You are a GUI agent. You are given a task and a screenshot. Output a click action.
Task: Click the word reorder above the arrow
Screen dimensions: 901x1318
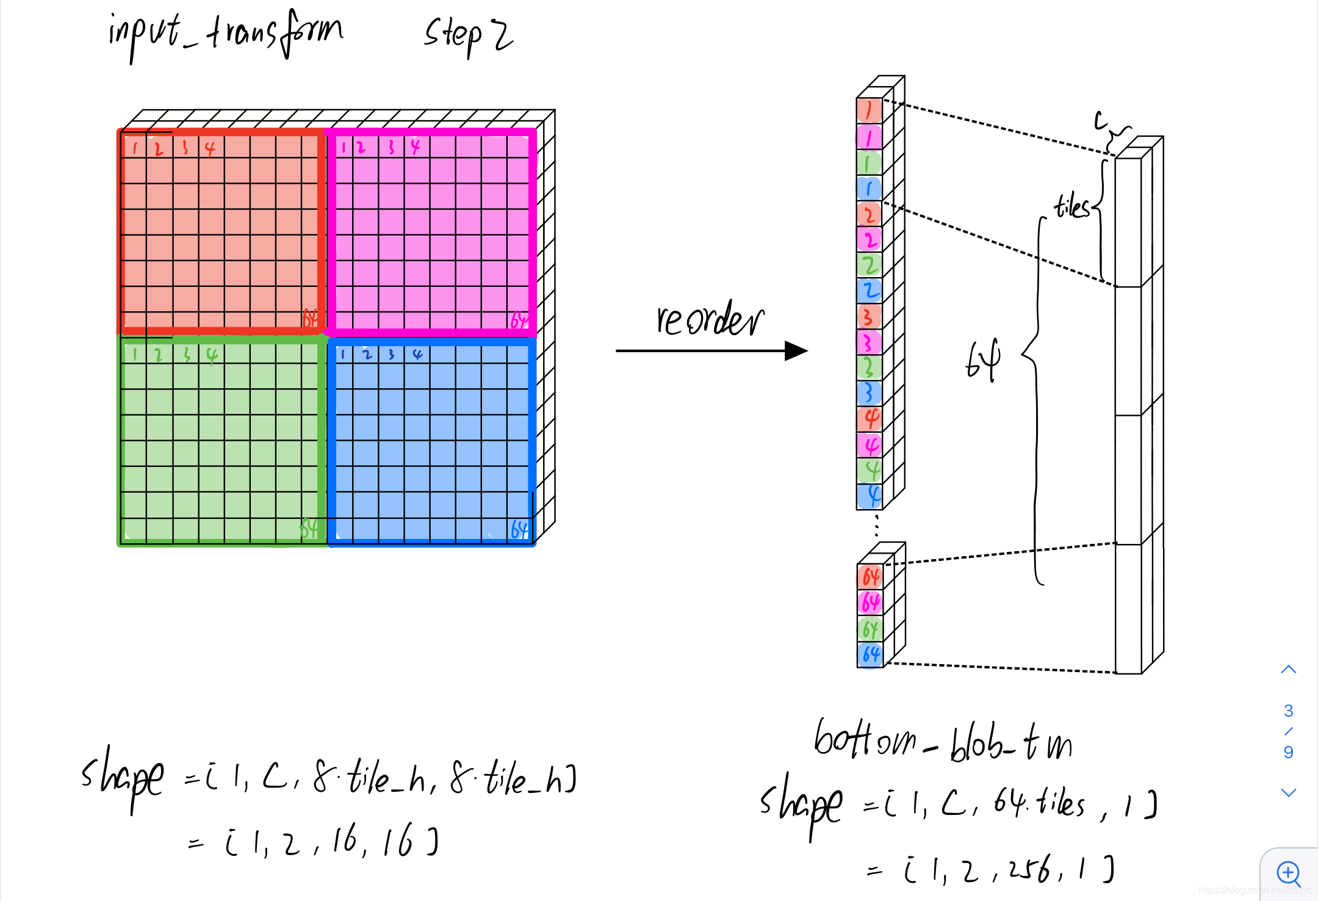710,319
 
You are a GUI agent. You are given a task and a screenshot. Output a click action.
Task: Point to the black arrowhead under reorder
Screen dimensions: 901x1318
795,351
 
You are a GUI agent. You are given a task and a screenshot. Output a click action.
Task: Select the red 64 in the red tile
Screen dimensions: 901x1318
310,318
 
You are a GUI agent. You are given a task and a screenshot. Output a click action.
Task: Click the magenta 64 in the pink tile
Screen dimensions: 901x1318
519,320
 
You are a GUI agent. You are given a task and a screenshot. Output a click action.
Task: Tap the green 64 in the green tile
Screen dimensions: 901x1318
309,527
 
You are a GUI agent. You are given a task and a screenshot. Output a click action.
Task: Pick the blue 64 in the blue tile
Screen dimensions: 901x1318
519,529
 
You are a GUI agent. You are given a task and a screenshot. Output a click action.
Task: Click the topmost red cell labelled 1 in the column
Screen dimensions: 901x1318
868,110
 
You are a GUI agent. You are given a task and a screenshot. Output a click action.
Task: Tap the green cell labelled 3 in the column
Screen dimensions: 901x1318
869,367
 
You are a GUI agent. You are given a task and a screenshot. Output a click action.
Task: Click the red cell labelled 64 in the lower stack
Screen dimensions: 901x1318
870,577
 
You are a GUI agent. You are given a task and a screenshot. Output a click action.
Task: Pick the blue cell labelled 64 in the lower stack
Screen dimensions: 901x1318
870,654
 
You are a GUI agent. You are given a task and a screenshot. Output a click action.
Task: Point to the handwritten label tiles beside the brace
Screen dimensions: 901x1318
1071,206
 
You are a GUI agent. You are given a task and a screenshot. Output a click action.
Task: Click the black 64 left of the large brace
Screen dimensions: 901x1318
983,360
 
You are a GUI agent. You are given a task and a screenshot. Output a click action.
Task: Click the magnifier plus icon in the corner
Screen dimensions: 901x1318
1289,873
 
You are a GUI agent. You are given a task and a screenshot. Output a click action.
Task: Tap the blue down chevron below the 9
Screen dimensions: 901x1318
1288,792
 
